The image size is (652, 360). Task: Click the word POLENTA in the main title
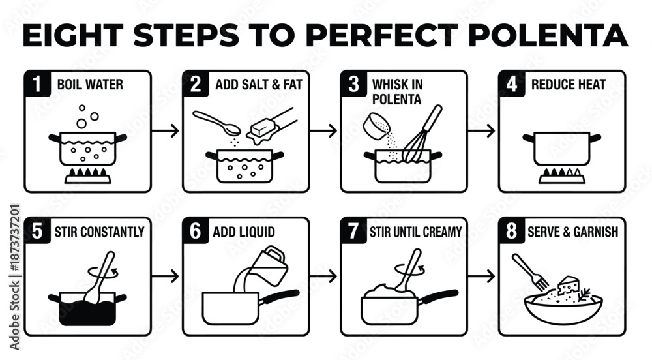pyautogui.click(x=548, y=35)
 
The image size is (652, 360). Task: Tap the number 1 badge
pyautogui.click(x=37, y=83)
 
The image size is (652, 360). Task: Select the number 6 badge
pyautogui.click(x=195, y=231)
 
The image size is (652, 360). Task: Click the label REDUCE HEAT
pyautogui.click(x=568, y=84)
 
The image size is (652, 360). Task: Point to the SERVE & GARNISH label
pyautogui.click(x=572, y=232)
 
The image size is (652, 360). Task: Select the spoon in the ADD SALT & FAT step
pyautogui.click(x=216, y=123)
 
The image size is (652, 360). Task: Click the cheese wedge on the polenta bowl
pyautogui.click(x=568, y=286)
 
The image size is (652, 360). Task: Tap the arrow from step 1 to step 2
pyautogui.click(x=165, y=131)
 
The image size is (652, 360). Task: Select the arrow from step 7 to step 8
pyautogui.click(x=482, y=276)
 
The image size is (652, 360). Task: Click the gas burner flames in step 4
pyautogui.click(x=562, y=172)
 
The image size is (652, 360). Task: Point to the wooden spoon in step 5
pyautogui.click(x=100, y=277)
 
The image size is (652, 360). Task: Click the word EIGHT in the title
pyautogui.click(x=74, y=35)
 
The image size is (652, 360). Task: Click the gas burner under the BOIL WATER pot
pyautogui.click(x=88, y=175)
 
